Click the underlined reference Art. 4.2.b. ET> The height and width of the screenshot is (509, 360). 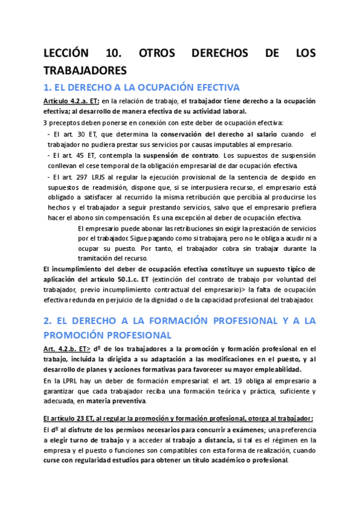tap(67, 349)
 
